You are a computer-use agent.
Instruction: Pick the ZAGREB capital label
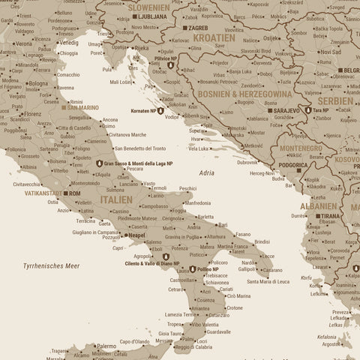point(198,28)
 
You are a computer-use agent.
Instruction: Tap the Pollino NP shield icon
point(191,269)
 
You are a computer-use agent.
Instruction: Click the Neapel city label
point(136,235)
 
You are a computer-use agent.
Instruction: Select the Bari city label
point(223,224)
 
